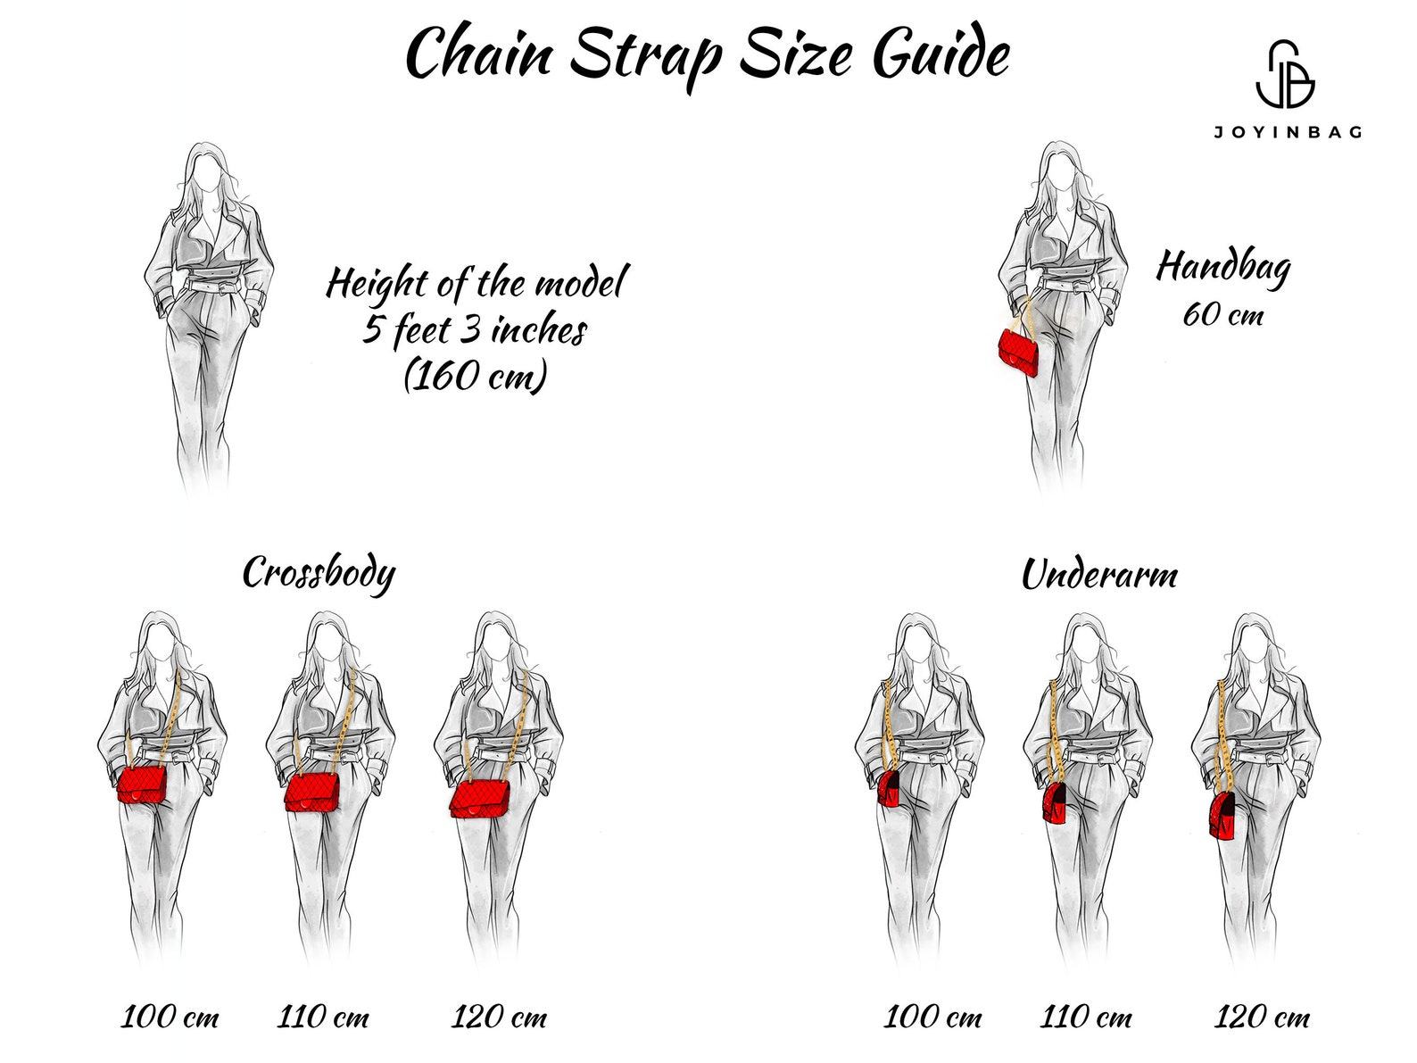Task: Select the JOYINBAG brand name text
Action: [1288, 132]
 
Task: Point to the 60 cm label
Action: [1222, 314]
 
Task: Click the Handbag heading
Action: [1223, 268]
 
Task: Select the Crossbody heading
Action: [319, 573]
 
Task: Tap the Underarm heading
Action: [1099, 575]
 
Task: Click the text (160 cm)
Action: [475, 375]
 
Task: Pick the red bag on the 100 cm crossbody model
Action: [142, 785]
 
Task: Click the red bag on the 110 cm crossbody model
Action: [311, 791]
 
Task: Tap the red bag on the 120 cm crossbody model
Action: [480, 799]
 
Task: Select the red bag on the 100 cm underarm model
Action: [890, 788]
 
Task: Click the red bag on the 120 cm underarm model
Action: [1222, 817]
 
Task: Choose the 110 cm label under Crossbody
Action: [323, 1017]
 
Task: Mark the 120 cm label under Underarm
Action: [1262, 1017]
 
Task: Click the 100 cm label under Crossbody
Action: [170, 1017]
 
